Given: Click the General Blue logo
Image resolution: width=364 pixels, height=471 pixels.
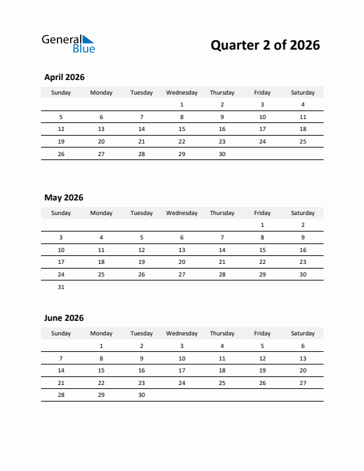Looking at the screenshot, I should pos(68,44).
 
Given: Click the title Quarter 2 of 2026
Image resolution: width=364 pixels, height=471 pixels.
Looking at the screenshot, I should pos(265,45).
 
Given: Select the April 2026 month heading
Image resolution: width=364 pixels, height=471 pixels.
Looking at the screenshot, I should pos(64,77).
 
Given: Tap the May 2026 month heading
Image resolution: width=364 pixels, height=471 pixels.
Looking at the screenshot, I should pos(64,198).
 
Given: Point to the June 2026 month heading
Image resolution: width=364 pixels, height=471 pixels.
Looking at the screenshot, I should pos(64,318).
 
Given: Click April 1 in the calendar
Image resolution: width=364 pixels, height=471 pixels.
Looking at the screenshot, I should pos(182,105).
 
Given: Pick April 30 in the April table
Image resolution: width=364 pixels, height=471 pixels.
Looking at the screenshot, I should pos(222,154).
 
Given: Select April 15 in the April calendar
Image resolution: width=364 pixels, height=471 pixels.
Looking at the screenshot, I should pos(182,129).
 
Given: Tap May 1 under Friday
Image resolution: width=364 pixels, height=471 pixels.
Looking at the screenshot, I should pos(263,225).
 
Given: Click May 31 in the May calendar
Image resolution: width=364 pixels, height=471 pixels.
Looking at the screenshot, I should pos(61,287).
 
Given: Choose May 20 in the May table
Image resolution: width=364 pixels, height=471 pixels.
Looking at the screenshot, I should pos(182,262).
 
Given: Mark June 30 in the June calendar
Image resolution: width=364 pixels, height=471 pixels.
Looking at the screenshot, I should pos(142,395).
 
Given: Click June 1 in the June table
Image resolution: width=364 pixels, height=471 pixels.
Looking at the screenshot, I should pos(101,345).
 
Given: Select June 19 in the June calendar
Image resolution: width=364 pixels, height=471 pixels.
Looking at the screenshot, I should pos(263,370).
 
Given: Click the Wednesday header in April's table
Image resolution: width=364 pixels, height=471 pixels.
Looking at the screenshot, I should pos(182,93).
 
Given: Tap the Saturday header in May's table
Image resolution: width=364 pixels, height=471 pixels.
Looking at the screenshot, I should pos(303,213).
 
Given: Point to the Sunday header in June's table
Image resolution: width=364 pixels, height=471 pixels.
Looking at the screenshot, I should pos(61,333).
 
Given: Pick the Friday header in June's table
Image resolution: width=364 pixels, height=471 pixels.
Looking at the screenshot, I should pos(263,333).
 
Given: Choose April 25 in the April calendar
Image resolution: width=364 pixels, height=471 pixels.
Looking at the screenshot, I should pos(303,142).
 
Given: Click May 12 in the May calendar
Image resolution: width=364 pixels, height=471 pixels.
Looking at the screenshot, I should pos(142,250).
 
